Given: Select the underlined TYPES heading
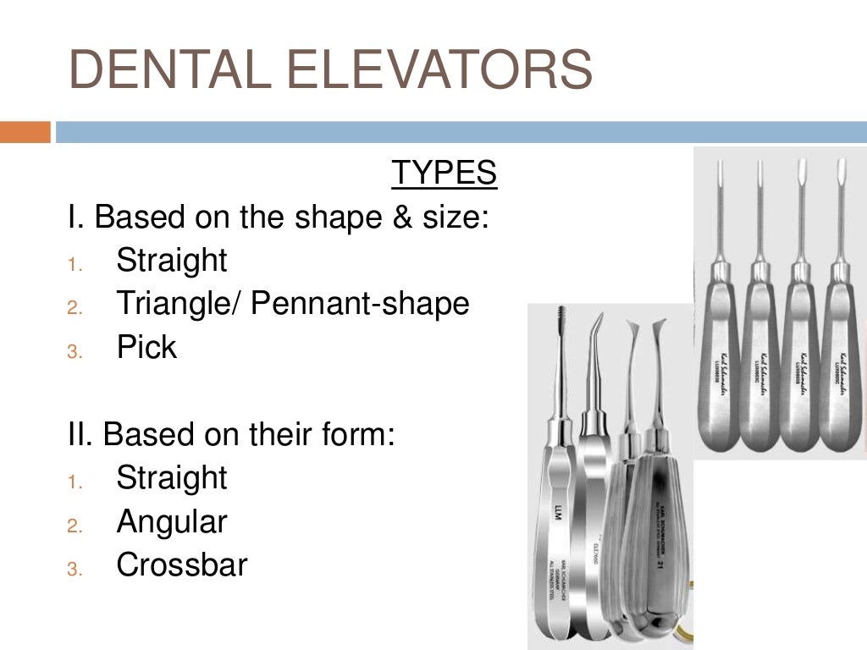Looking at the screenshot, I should click(444, 173).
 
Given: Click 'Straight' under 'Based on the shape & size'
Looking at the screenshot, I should click(172, 261).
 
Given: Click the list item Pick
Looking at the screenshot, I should click(146, 348).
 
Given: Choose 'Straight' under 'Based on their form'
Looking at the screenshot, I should click(172, 478).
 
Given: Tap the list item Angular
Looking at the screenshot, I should click(172, 522).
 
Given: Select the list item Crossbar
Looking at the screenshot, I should click(182, 565).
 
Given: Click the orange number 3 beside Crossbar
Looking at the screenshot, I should click(74, 570).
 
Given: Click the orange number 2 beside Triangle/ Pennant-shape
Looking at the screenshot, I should click(74, 308).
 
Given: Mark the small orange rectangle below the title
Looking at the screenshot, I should click(25, 133).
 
